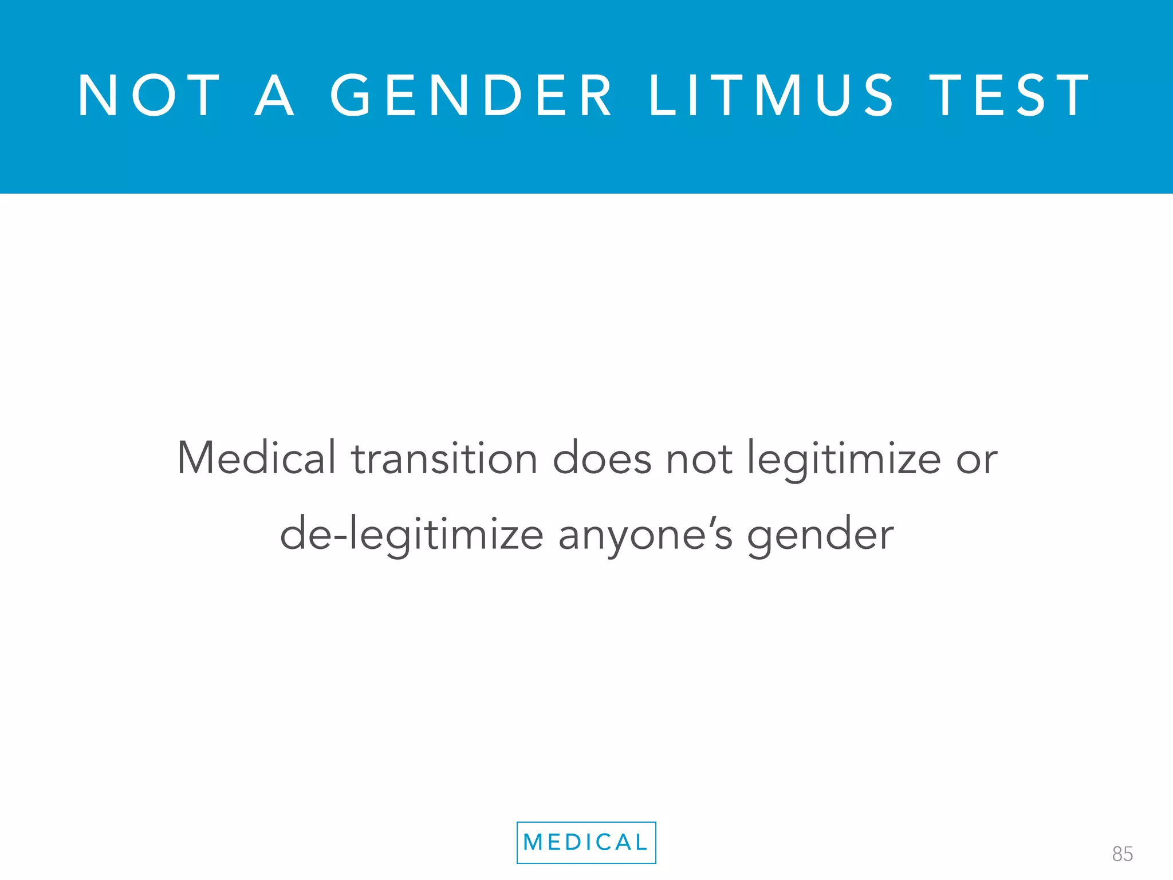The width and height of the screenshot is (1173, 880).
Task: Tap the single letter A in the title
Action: pos(274,96)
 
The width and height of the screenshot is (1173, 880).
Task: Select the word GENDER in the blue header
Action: pos(471,96)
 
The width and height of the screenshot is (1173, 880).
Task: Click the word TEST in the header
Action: pos(1010,96)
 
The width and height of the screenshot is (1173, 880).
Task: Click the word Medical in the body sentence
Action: pos(257,458)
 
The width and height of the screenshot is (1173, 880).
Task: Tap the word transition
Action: pos(444,458)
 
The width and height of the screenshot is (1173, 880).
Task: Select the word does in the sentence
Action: pos(602,458)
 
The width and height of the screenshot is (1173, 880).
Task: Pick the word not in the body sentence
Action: pos(699,458)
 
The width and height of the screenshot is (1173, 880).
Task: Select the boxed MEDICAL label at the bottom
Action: pos(586,842)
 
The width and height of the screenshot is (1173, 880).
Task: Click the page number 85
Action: pos(1122,854)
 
